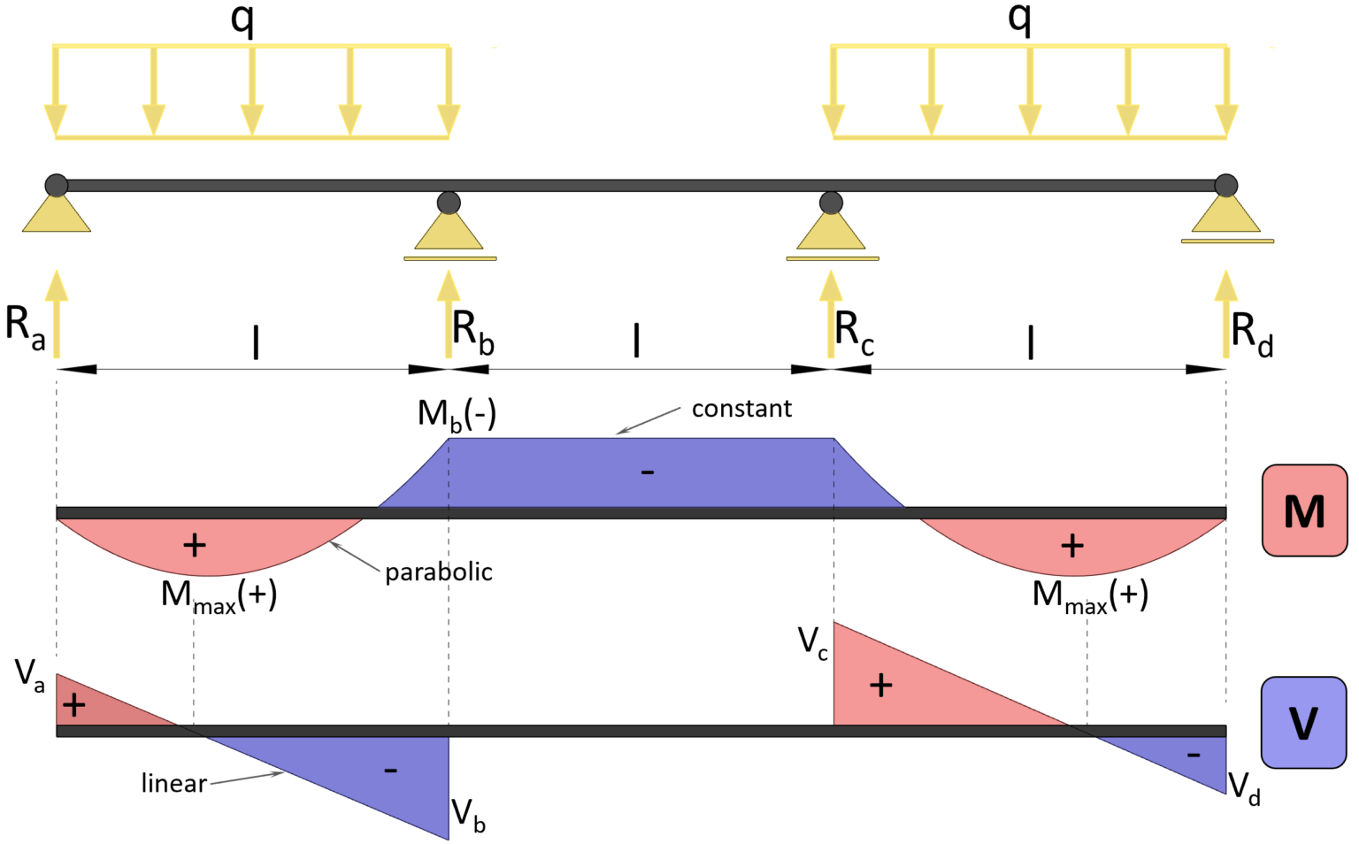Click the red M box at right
coord(1304,510)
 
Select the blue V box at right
coord(1304,723)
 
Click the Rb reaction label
coord(472,331)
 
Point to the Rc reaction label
coord(854,332)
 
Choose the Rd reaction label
coord(1251,334)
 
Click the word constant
coord(741,409)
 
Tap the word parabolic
coord(438,572)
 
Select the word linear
coord(173,784)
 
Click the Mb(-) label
coord(457,414)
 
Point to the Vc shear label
coord(812,642)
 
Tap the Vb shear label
coord(468,815)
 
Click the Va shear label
coord(29,676)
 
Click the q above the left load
coord(242,19)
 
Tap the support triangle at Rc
coord(831,232)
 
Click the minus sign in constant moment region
coord(648,472)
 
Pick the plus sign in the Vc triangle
coord(880,685)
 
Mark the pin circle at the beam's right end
coord(1225,186)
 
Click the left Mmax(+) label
coord(219,595)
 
